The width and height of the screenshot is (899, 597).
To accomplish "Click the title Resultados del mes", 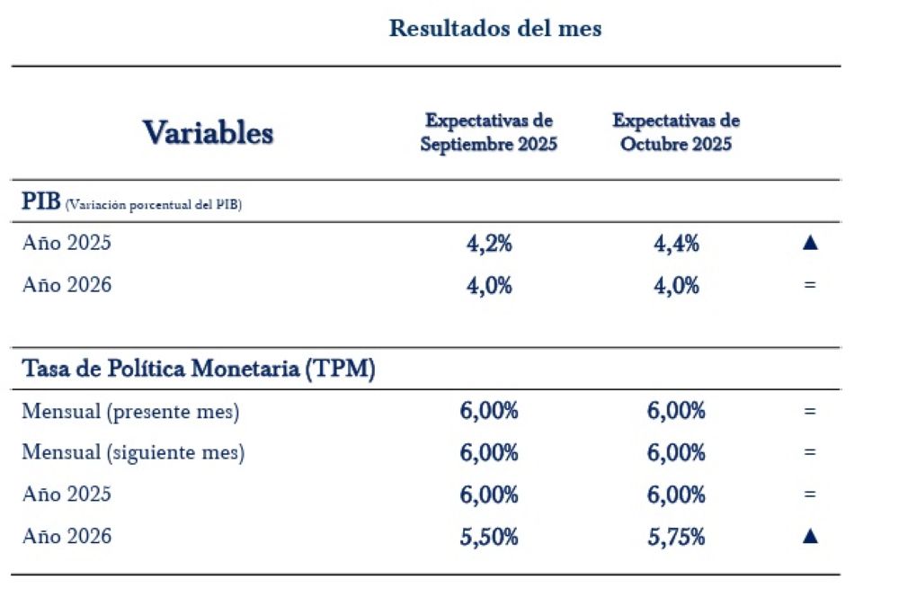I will tap(494, 28).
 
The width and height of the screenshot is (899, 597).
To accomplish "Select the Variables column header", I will tap(208, 132).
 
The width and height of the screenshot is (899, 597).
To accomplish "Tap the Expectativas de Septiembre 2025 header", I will tap(488, 132).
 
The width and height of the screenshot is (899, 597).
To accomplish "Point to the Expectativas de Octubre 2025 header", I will tap(675, 132).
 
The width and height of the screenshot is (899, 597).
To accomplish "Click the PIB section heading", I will tap(40, 200).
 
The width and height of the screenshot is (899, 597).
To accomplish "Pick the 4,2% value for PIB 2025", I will tap(488, 243).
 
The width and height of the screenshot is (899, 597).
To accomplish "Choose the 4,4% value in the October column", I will tap(676, 243).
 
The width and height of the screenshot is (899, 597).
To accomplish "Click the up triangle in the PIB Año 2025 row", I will tap(809, 243).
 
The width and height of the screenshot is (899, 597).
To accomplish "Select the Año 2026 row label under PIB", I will tap(67, 285).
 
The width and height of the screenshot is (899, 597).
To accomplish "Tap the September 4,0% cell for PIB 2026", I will tap(488, 286).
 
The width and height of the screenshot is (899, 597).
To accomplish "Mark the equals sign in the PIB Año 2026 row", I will tap(809, 286).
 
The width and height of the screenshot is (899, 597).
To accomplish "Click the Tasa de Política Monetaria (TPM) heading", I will tap(198, 369).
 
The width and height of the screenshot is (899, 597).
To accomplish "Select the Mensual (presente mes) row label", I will tap(130, 411).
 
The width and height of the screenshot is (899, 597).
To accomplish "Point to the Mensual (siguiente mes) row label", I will tap(133, 452).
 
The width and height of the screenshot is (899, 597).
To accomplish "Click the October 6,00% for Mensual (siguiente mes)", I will tap(676, 453).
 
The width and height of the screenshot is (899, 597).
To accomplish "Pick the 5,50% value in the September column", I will tap(488, 537).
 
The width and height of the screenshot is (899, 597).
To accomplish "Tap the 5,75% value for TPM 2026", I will tap(676, 537).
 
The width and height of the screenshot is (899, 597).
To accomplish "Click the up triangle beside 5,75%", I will tap(809, 536).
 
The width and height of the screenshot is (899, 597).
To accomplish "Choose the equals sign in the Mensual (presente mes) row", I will tap(809, 412).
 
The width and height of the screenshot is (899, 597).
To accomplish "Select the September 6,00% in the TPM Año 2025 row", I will tap(488, 495).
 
